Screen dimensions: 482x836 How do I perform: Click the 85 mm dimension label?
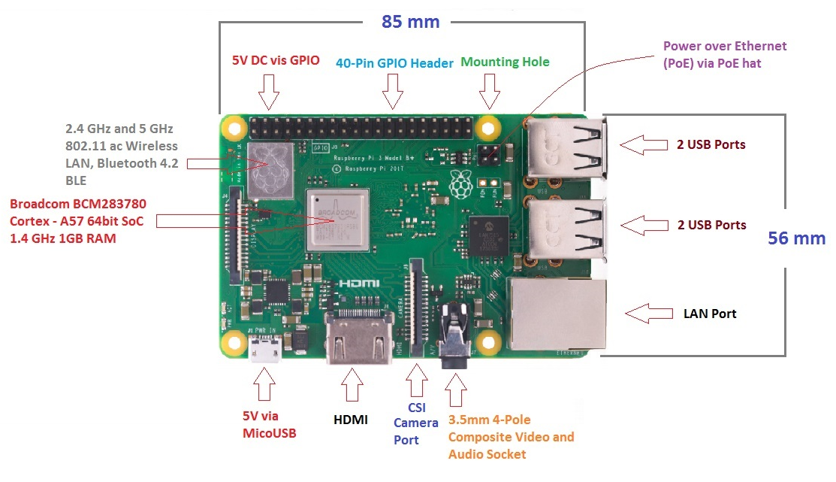410,21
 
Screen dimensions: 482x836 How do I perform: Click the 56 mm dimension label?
796,239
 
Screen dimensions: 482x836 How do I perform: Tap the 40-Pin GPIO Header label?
394,64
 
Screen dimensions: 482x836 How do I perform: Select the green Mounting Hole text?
505,62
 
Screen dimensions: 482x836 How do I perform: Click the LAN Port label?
710,314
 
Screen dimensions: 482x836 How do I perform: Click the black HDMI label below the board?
351,420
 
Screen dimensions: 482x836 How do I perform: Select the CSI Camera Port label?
415,423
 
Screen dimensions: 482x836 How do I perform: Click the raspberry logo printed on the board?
457,181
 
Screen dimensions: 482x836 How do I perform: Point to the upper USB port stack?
567,147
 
